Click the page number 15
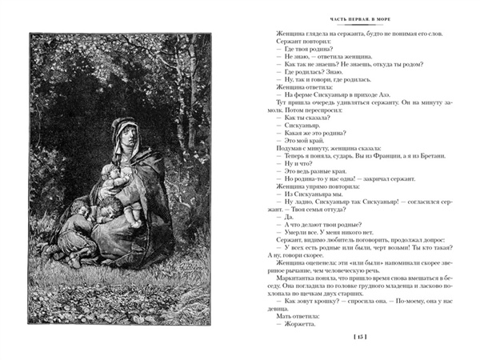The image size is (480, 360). coord(359,340)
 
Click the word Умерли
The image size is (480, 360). coord(295,230)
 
